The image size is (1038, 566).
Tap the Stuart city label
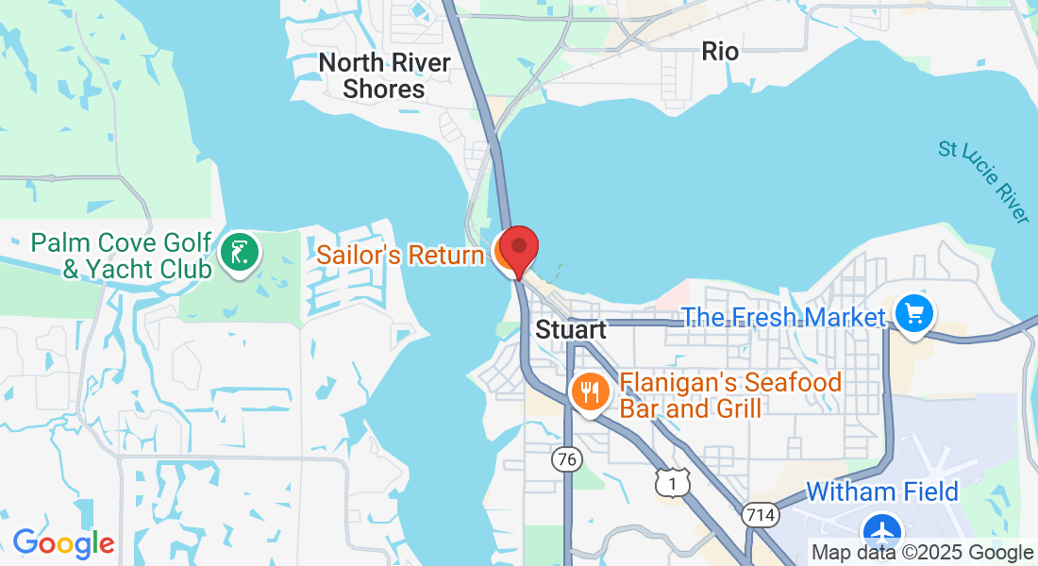(x=571, y=330)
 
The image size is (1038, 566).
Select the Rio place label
(x=720, y=51)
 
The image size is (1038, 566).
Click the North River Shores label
(x=384, y=75)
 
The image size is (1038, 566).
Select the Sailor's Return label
(x=400, y=254)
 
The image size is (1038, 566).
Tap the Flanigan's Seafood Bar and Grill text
(x=716, y=395)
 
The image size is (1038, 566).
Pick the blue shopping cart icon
(x=913, y=314)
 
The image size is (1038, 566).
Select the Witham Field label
(x=882, y=491)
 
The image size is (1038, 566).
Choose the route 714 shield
(x=760, y=515)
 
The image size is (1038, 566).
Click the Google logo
(x=63, y=543)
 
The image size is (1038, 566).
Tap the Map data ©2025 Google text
(x=922, y=553)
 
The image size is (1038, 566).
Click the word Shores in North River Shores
(x=384, y=89)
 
